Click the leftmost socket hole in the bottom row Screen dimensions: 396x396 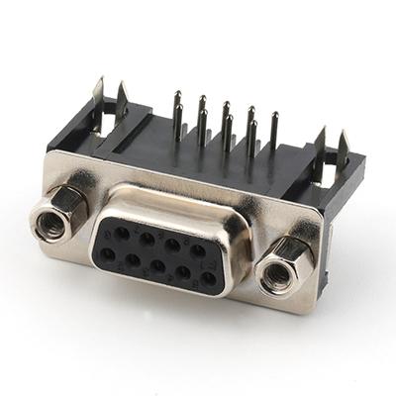coord(108,255)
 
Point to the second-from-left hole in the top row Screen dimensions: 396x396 coord(146,241)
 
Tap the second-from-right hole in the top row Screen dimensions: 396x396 coord(172,246)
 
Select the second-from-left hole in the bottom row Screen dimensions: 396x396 coord(132,260)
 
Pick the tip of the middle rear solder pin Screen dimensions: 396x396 coord(226,104)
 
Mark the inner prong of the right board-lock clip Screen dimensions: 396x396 coord(320,132)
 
